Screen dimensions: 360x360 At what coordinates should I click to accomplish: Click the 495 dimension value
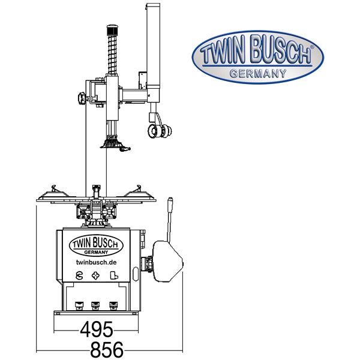point(97,329)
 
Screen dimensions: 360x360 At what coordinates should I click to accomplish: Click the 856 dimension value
point(107,350)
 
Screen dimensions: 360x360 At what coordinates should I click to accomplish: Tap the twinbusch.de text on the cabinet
point(96,262)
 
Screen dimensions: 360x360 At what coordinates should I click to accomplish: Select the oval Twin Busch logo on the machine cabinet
point(96,245)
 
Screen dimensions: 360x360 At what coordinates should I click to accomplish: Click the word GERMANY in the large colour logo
point(258,74)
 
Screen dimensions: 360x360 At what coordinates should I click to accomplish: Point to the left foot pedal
point(79,305)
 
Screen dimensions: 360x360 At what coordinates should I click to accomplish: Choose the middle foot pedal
point(95,305)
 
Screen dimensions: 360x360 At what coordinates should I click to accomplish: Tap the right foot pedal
point(113,305)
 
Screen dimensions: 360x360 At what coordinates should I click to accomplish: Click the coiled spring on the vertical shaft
point(112,55)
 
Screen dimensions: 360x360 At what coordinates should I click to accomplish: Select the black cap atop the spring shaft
point(112,29)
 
